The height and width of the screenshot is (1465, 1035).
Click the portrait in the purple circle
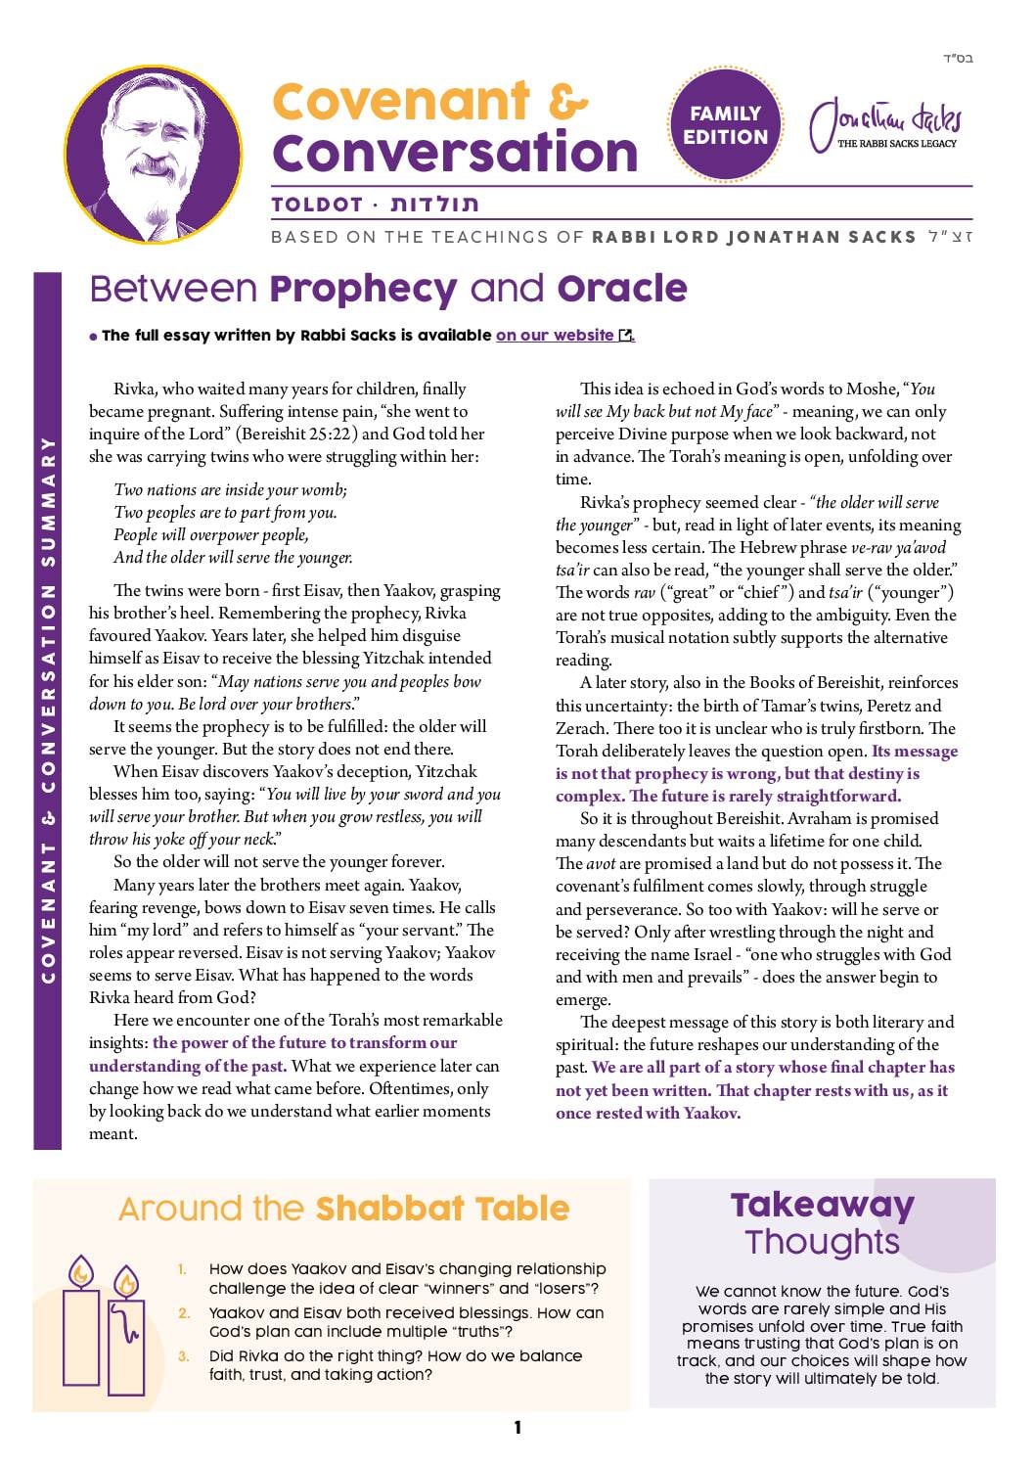coord(154,153)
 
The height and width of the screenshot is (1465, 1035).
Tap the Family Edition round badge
coord(725,125)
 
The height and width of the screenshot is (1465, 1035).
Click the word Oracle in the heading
coord(622,289)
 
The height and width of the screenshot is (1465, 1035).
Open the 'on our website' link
coord(555,336)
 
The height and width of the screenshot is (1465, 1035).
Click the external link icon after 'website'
coord(626,336)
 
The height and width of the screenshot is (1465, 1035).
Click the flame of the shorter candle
coord(125,1281)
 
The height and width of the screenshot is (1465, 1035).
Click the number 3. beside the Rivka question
coord(184,1356)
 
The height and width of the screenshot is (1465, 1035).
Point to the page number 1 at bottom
coord(517,1428)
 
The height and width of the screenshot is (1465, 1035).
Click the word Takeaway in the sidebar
coord(822,1205)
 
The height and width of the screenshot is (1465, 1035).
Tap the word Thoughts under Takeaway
coord(822,1242)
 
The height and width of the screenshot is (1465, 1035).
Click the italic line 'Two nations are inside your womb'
coord(231,489)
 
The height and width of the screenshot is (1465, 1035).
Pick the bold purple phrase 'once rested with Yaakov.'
coord(648,1113)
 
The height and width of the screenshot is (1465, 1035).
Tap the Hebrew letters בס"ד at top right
coord(959,60)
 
